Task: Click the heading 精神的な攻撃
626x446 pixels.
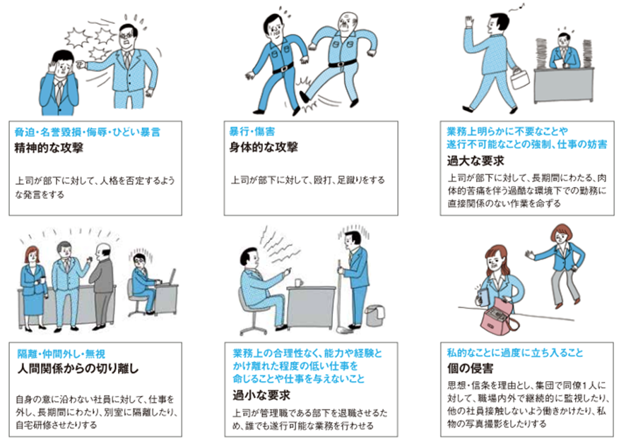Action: pos(49,148)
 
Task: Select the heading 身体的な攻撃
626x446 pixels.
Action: pos(264,147)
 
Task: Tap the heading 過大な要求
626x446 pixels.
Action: pos(476,161)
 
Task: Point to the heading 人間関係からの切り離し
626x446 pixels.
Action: pos(78,368)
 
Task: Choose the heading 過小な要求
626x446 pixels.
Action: pos(261,395)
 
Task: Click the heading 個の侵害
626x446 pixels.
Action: pos(470,368)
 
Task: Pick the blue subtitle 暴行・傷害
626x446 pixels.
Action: pos(252,132)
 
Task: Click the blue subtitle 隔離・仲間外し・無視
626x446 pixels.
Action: pos(61,354)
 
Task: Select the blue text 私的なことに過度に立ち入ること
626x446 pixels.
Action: pos(514,353)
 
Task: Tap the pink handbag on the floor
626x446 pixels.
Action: pos(499,316)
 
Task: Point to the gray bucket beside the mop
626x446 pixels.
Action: pos(374,315)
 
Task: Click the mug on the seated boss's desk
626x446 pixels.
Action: pos(299,282)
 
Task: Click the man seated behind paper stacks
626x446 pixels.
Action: pos(564,52)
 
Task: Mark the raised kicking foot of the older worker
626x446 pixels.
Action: pos(305,97)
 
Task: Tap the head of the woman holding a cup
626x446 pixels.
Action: pos(31,255)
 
